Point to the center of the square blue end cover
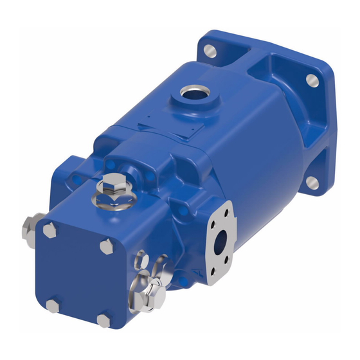pos(77,273)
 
